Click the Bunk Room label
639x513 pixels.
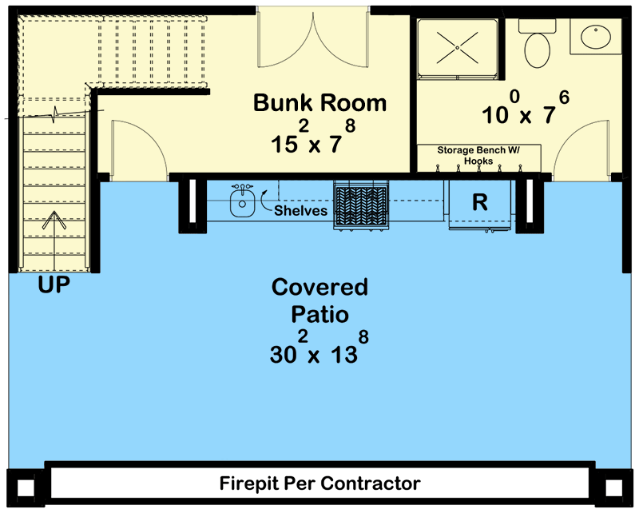[x=319, y=103]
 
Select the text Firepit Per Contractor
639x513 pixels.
[x=319, y=483]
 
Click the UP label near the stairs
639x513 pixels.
[x=54, y=284]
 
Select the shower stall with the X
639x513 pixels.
[x=457, y=46]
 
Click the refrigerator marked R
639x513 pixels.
[x=479, y=203]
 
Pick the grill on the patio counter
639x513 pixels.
[x=361, y=205]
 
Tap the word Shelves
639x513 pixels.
[x=300, y=211]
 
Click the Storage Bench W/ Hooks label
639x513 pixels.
[x=477, y=155]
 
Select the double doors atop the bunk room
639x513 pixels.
[x=313, y=40]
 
